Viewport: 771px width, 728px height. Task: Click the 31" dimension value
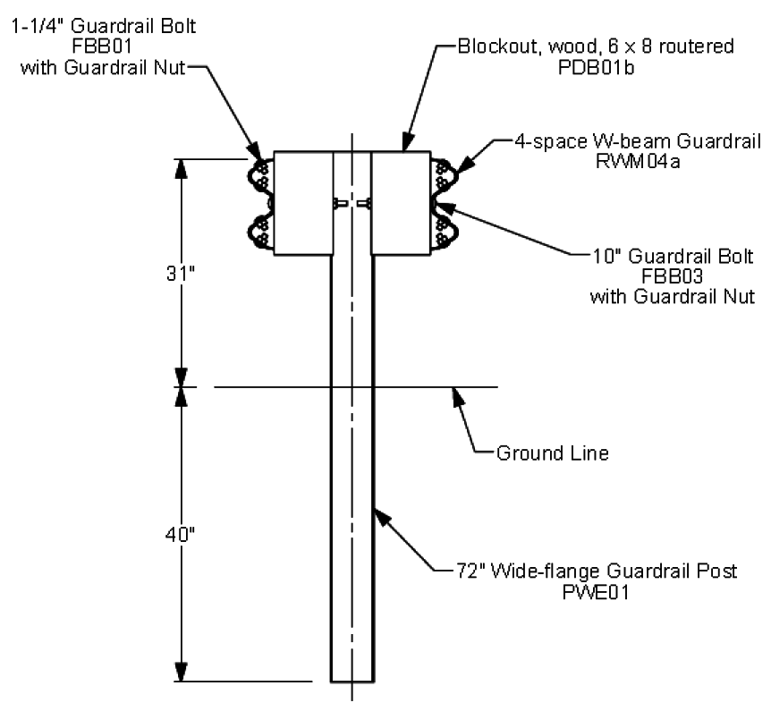181,274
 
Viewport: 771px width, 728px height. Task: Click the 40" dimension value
180,534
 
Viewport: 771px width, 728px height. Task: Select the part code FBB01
102,47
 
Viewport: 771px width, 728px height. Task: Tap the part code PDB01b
596,67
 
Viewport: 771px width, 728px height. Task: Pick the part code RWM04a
638,161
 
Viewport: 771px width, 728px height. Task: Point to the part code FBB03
673,276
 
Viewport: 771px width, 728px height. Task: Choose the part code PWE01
596,592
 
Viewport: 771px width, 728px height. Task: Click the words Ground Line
553,453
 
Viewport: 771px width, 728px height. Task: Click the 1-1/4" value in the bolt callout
38,26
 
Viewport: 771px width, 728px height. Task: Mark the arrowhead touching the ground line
458,396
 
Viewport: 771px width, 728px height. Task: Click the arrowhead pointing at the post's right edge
383,518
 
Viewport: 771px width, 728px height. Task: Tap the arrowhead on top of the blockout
407,141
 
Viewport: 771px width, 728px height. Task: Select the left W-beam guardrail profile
259,204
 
